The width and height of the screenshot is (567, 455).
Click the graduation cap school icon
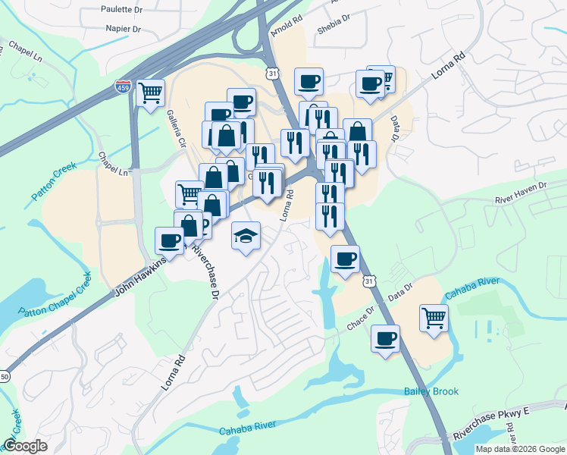click(246, 235)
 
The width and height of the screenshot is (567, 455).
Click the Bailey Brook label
click(431, 391)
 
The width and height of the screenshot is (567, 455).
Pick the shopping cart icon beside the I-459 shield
click(151, 92)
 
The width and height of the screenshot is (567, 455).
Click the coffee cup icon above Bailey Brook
click(385, 337)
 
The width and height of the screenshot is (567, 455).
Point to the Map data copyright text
click(520, 449)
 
